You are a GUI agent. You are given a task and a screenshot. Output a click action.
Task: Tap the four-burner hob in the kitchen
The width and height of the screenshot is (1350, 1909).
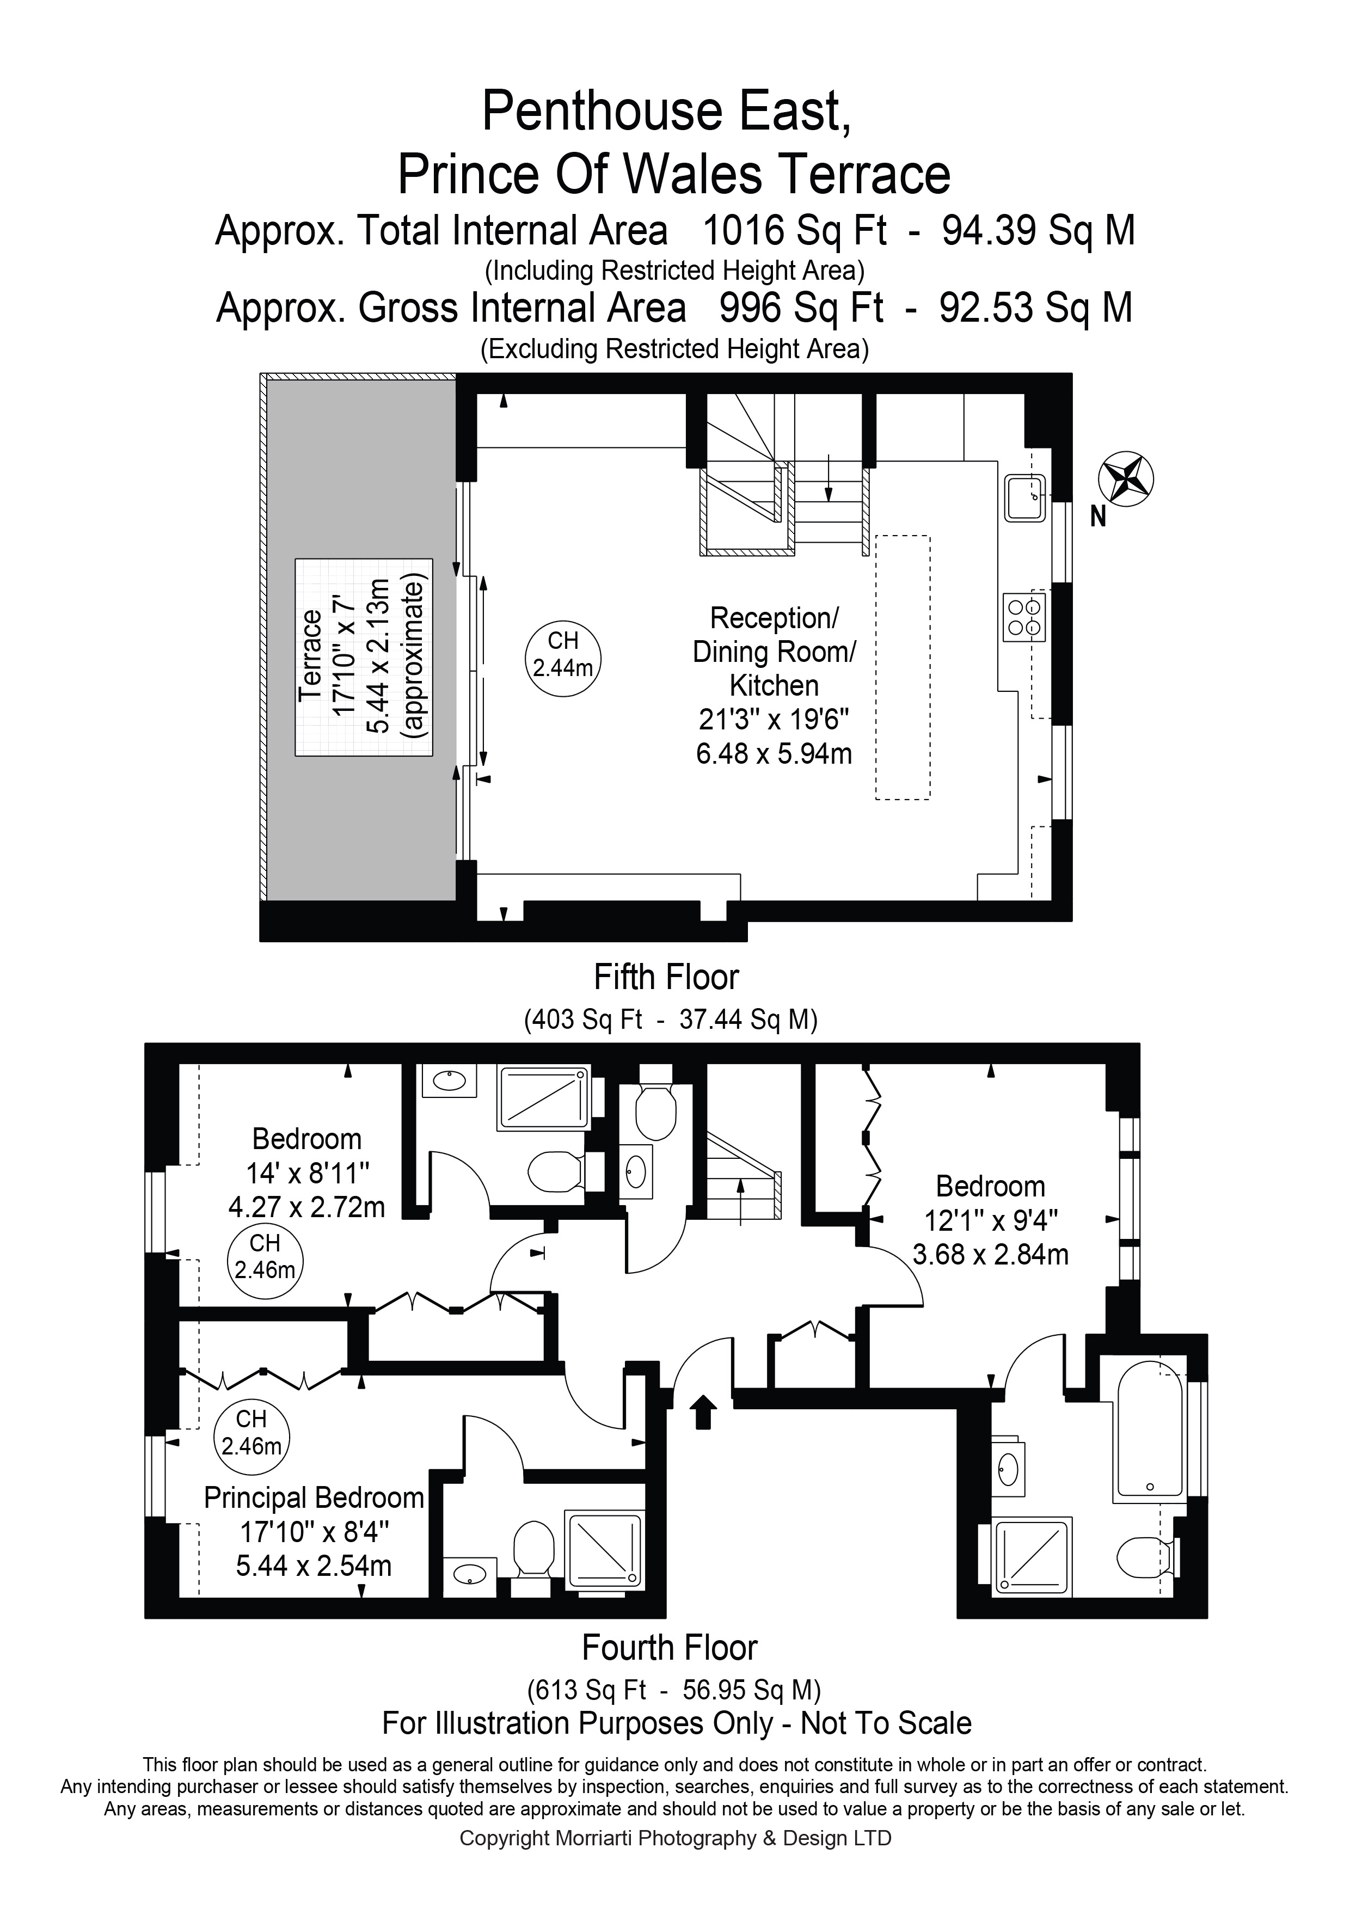tap(1024, 617)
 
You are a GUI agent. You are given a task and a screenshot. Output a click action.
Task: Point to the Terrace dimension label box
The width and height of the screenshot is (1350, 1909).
tap(363, 657)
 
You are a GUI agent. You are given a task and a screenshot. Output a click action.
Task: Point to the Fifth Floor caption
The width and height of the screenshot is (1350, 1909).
tap(666, 977)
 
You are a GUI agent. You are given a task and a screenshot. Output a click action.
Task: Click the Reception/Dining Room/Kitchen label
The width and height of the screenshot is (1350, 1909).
tap(774, 652)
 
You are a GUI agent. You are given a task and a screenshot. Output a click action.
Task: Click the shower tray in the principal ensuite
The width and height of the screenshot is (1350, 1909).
tap(604, 1548)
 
